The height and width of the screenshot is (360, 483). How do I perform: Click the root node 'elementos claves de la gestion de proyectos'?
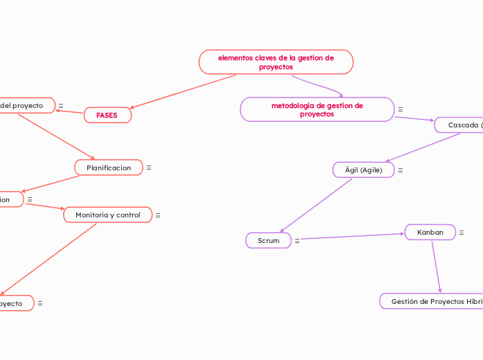click(276, 62)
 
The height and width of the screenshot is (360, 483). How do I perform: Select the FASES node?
click(107, 115)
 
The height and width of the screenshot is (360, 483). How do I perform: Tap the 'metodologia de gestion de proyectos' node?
click(317, 109)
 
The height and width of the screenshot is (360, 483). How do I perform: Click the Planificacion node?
click(108, 168)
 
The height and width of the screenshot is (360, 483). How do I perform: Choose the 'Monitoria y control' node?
click(107, 215)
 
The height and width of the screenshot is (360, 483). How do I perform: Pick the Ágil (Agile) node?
click(364, 170)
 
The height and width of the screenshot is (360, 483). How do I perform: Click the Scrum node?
click(268, 241)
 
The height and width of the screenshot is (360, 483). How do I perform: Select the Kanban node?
click(430, 233)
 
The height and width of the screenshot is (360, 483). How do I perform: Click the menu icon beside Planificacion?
click(149, 168)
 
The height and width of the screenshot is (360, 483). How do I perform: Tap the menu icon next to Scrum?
click(297, 241)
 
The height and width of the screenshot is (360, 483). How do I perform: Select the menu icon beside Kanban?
click(462, 233)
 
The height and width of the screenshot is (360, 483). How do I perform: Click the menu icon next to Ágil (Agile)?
click(401, 170)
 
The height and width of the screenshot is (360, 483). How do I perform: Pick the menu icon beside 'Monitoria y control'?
click(158, 215)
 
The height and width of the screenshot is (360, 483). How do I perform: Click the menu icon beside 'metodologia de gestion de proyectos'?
click(401, 109)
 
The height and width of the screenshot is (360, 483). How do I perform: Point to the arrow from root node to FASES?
click(184, 91)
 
